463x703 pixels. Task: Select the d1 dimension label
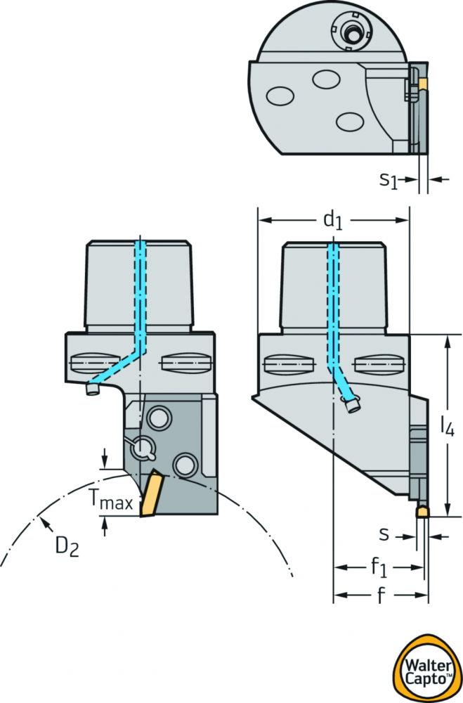(332, 221)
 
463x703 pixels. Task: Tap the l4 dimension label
(447, 427)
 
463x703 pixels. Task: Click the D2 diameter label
(67, 546)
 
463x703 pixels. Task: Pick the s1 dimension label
(389, 180)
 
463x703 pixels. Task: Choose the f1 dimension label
(378, 567)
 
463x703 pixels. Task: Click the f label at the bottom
(381, 595)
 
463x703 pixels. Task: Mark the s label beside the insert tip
(384, 535)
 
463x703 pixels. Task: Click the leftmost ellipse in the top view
(280, 96)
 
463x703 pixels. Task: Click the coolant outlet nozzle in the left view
(93, 389)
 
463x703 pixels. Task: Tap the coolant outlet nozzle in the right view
(353, 406)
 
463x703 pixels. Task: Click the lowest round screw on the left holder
(184, 465)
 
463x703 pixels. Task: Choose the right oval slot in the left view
(185, 362)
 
